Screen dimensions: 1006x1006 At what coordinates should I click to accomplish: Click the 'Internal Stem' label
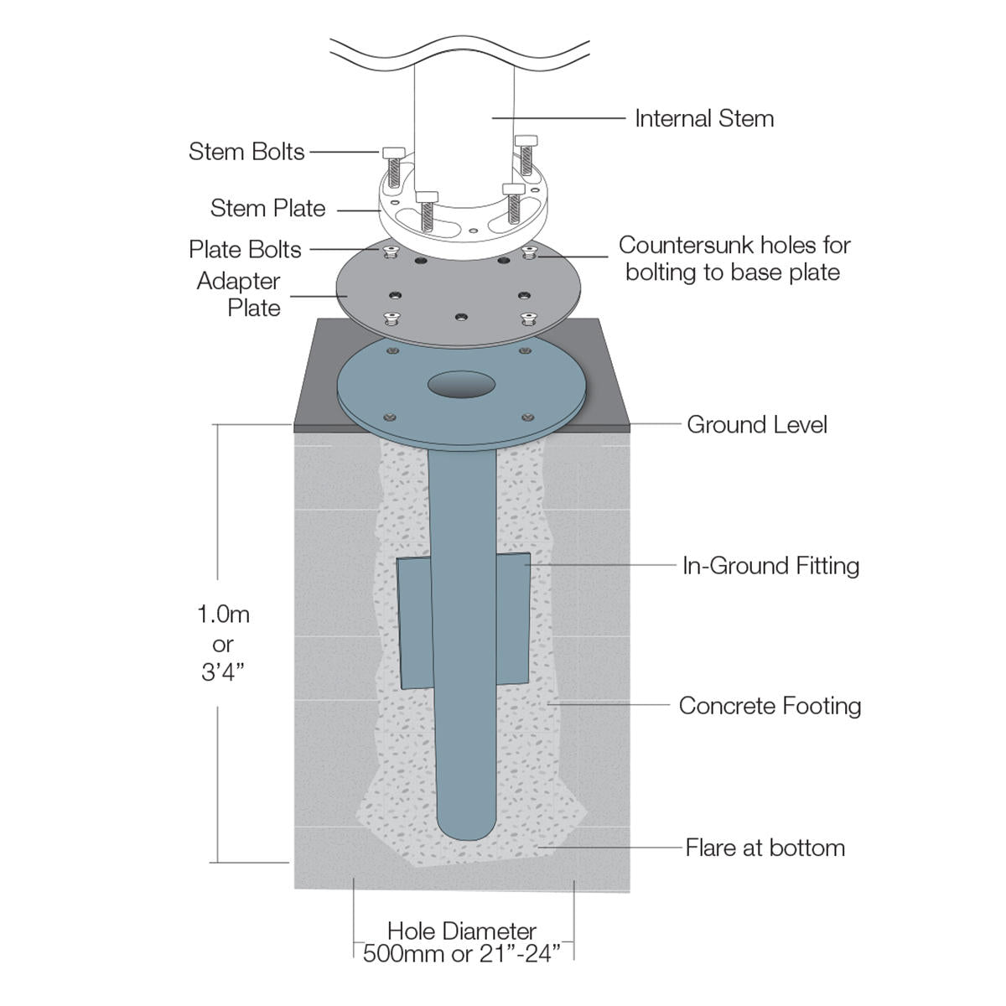pyautogui.click(x=704, y=119)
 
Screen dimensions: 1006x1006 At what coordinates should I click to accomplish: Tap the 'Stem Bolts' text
pyautogui.click(x=246, y=152)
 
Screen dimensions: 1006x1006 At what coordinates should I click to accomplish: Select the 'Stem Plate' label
pyautogui.click(x=267, y=208)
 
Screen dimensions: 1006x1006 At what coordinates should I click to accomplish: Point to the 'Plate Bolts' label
pyautogui.click(x=245, y=250)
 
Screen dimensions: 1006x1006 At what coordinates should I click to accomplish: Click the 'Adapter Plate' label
pyautogui.click(x=240, y=294)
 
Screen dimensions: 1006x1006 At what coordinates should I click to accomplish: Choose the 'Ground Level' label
pyautogui.click(x=756, y=424)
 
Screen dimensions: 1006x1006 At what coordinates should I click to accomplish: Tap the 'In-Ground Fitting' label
pyautogui.click(x=770, y=566)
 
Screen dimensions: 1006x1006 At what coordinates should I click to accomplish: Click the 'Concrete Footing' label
pyautogui.click(x=770, y=706)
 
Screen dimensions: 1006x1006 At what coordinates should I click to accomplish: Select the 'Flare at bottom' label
pyautogui.click(x=765, y=848)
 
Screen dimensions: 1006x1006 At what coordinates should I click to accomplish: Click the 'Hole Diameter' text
pyautogui.click(x=461, y=931)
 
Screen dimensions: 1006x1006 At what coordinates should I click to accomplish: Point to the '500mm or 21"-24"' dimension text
pyautogui.click(x=461, y=954)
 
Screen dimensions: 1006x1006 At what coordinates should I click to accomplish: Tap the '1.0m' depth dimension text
pyautogui.click(x=223, y=614)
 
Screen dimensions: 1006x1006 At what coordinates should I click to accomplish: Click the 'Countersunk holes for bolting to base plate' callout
pyautogui.click(x=734, y=258)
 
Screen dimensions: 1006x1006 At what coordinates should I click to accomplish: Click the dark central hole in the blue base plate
pyautogui.click(x=461, y=386)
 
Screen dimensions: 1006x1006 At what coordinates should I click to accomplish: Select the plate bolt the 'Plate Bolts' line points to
pyautogui.click(x=389, y=251)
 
